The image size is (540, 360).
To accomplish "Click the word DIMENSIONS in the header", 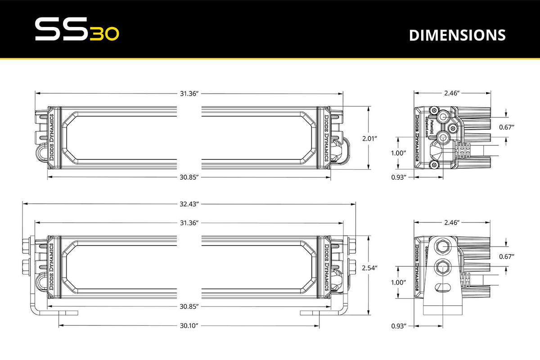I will pos(457,36).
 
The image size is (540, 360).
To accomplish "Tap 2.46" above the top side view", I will pos(451,93).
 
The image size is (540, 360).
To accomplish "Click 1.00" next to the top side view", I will pos(399,153).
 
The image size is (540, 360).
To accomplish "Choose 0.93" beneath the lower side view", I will pos(399,325).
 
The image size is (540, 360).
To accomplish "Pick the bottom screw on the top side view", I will pos(435,164).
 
